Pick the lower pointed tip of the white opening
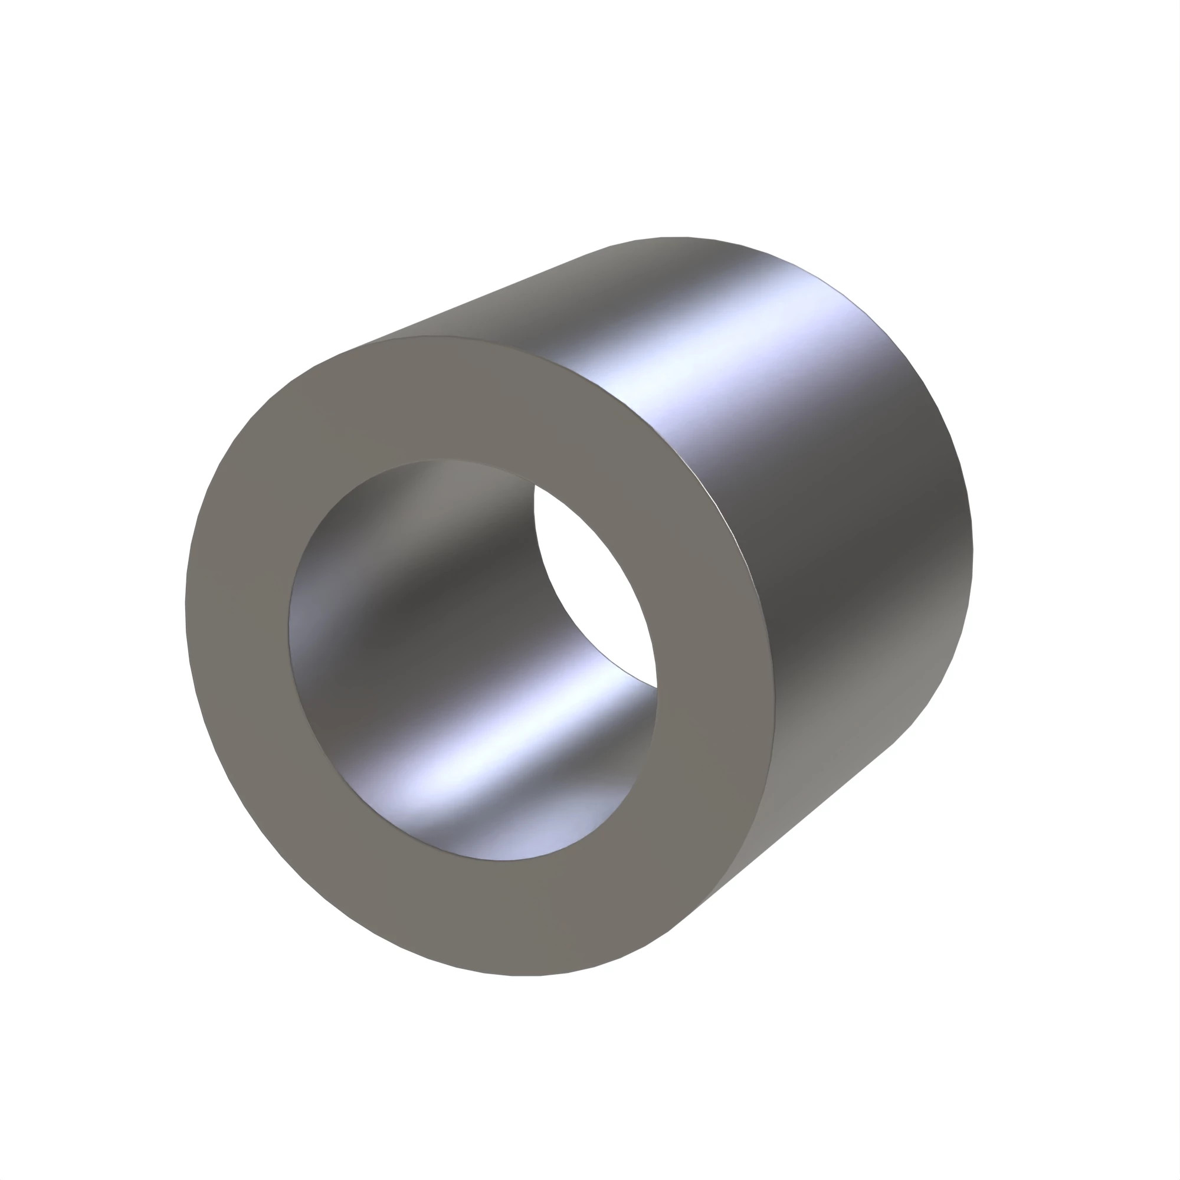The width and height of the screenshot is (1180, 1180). coord(656,687)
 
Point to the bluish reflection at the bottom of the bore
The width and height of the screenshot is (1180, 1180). coord(519,837)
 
